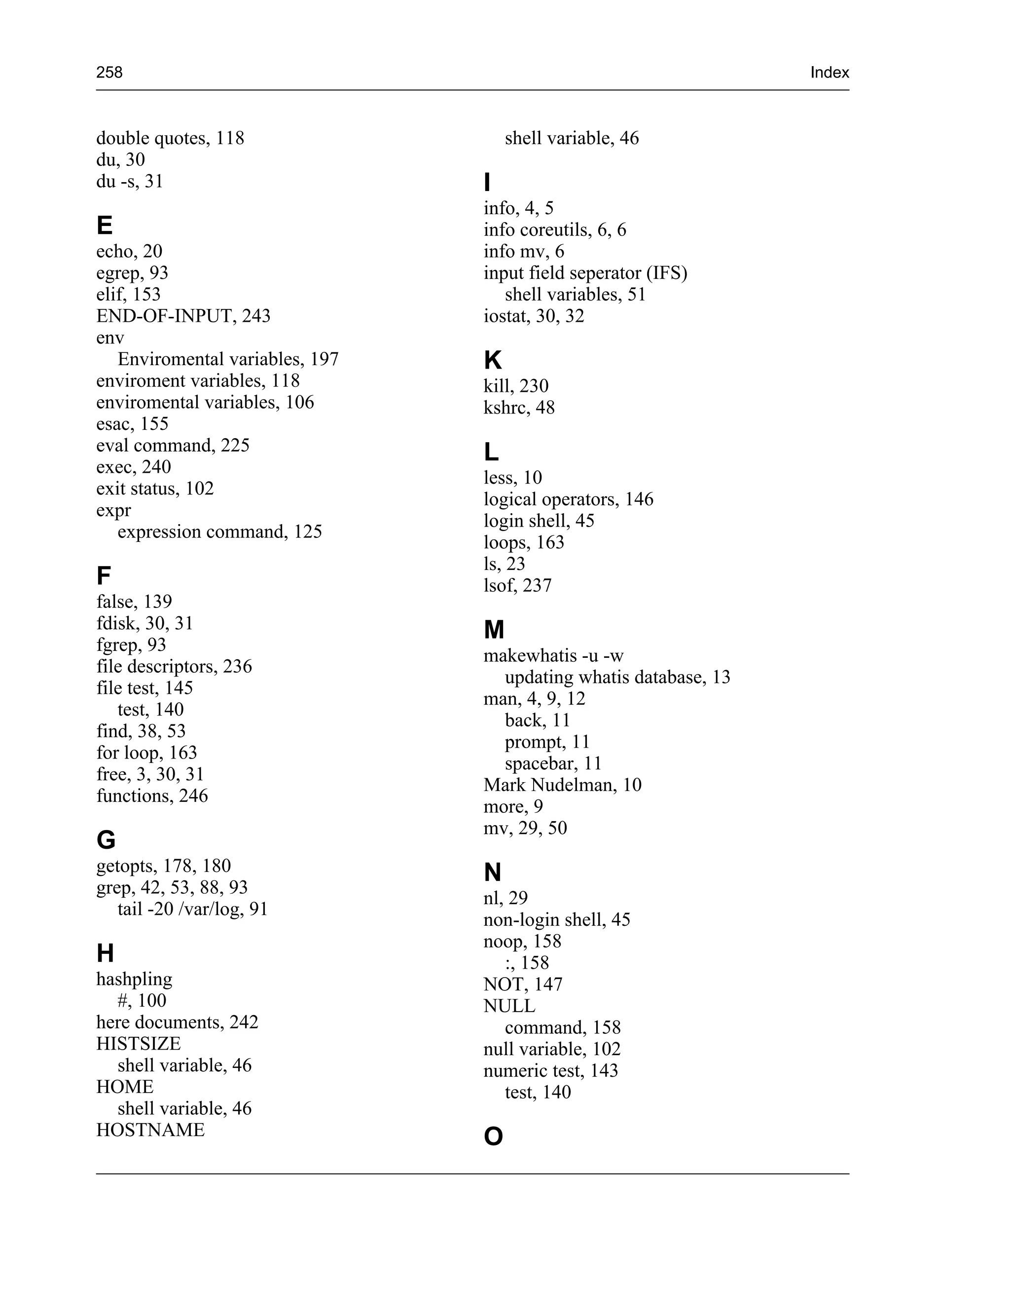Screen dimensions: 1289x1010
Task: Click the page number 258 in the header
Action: [109, 72]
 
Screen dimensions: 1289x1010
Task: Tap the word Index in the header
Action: [829, 72]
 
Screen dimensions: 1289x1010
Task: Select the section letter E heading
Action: [104, 226]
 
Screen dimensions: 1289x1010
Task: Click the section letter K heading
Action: [493, 360]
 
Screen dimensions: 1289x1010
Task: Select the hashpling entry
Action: [134, 979]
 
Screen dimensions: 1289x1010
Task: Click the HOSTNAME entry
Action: [150, 1130]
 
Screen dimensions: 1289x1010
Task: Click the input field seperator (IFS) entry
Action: [585, 273]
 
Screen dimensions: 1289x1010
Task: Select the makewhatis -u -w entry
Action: [553, 655]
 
